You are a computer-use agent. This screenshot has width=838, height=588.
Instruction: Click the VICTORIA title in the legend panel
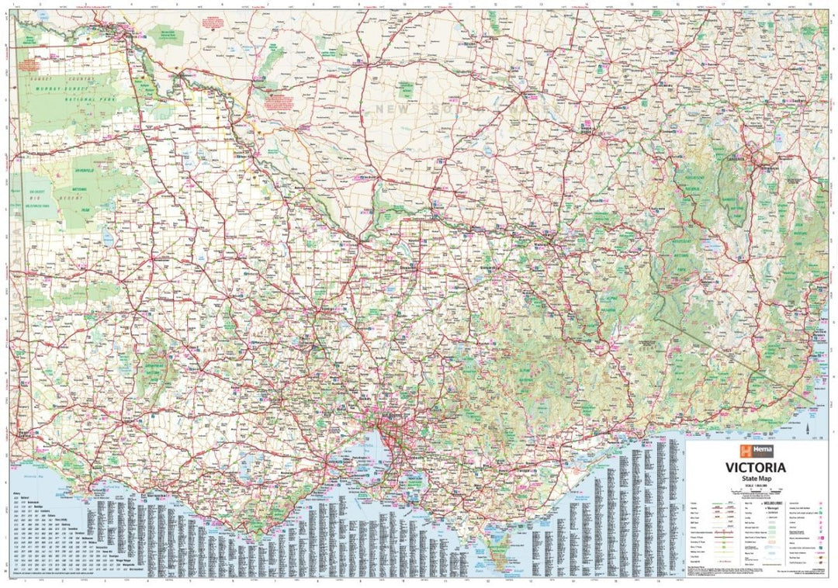click(x=755, y=468)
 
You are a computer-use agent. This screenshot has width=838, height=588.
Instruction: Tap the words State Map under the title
click(x=755, y=479)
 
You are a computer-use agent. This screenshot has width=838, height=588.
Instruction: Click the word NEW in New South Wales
click(x=393, y=109)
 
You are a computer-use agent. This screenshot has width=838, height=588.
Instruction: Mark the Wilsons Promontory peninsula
click(x=493, y=543)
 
